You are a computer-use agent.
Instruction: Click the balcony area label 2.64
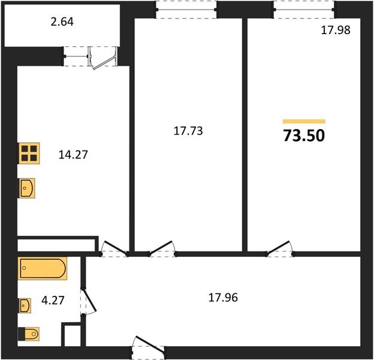click(x=62, y=22)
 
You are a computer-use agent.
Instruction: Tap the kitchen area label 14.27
click(x=73, y=155)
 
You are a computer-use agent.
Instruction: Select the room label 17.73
click(x=188, y=131)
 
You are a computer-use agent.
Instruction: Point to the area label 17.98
click(x=336, y=30)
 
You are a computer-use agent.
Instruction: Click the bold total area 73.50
click(x=304, y=136)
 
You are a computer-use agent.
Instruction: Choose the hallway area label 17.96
click(x=223, y=298)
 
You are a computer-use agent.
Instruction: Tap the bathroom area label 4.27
click(x=53, y=301)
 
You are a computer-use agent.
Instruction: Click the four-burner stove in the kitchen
click(x=29, y=153)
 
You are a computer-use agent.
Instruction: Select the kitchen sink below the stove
click(x=27, y=188)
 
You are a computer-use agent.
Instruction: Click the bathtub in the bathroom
click(x=43, y=268)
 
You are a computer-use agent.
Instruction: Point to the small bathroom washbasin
click(x=25, y=305)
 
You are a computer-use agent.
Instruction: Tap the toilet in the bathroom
click(x=29, y=334)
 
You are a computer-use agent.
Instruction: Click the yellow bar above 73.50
click(x=304, y=122)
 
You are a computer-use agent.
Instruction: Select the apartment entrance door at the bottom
click(x=148, y=346)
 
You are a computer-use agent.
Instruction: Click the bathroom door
click(x=88, y=301)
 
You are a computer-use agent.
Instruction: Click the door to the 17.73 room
click(x=162, y=249)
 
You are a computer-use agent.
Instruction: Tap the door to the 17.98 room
click(x=279, y=249)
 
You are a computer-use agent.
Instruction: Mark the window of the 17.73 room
click(x=186, y=10)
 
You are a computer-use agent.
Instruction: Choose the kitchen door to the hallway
click(x=114, y=250)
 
